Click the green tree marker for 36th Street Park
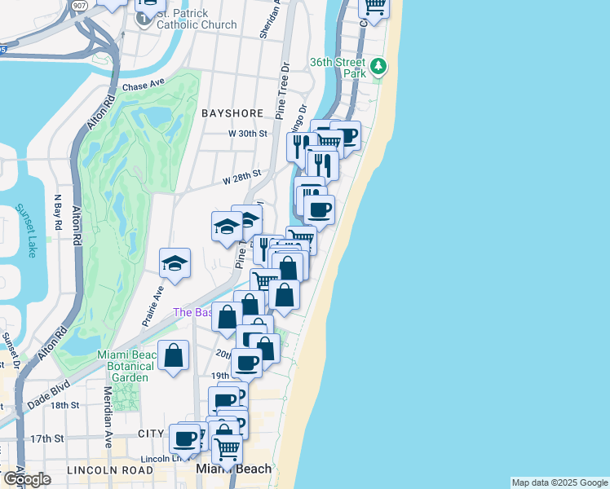click(x=378, y=65)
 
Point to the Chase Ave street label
click(x=144, y=86)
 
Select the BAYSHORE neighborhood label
click(x=232, y=112)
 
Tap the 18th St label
click(x=64, y=405)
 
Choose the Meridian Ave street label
click(x=108, y=428)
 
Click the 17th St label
click(x=47, y=438)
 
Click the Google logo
click(x=27, y=479)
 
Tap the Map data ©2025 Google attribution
click(x=559, y=482)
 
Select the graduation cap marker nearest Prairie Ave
click(x=175, y=263)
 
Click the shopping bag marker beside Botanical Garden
click(x=174, y=355)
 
